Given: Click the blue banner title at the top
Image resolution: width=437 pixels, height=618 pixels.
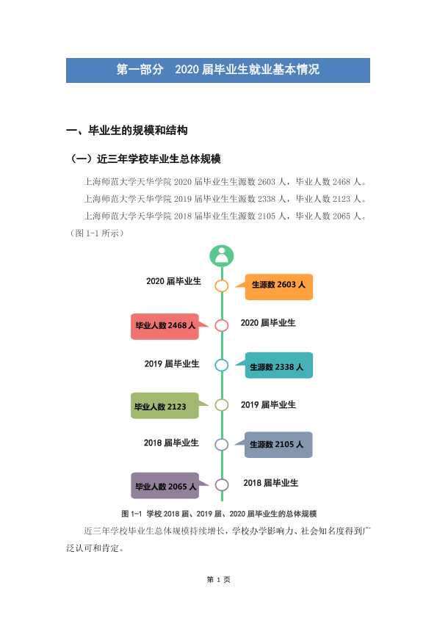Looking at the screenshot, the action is click(x=217, y=70).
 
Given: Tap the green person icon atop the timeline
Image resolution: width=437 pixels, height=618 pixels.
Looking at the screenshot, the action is click(x=221, y=256).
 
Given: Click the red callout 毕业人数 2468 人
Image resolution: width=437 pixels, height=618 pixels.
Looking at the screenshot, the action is click(x=170, y=327).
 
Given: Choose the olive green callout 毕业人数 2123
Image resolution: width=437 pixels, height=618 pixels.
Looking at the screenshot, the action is click(x=170, y=406).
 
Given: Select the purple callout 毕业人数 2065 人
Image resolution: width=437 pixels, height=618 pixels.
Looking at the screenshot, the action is click(x=170, y=486).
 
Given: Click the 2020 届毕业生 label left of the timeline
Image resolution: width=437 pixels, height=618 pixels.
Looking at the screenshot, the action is click(x=173, y=281).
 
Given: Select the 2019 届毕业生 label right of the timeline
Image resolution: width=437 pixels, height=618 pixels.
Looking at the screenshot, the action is click(x=268, y=404).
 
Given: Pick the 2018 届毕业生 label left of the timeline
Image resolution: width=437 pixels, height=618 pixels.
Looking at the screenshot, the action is click(x=171, y=443).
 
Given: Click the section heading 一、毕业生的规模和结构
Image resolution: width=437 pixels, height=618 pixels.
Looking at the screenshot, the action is click(x=126, y=131).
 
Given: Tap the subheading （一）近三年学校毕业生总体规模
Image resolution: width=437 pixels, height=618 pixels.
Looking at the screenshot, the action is click(x=145, y=159).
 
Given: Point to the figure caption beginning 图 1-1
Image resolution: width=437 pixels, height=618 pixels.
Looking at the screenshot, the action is click(x=219, y=514).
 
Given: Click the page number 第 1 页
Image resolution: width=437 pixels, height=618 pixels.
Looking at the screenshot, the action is click(x=219, y=579).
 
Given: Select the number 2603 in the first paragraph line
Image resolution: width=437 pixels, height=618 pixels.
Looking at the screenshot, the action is click(x=267, y=182).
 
